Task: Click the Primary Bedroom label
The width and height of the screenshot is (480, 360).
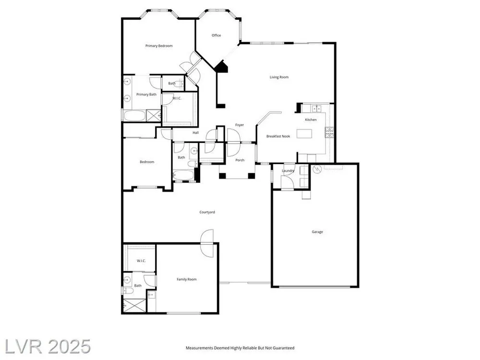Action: (159, 46)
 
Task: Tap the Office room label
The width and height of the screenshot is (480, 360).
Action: (216, 36)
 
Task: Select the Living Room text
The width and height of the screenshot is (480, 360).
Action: (279, 77)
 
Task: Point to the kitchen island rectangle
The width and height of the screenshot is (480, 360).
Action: (304, 134)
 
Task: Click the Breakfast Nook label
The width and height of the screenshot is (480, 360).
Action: (278, 136)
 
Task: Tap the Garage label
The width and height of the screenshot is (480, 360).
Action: (317, 232)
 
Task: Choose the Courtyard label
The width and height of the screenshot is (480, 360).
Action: (207, 212)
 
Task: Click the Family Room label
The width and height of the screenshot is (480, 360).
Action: (186, 279)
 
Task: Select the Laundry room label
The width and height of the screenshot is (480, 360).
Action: (288, 171)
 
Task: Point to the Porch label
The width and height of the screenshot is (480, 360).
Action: (240, 160)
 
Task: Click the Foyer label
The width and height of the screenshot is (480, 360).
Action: (240, 125)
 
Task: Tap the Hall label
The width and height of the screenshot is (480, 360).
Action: (196, 132)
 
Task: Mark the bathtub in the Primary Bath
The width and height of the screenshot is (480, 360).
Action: (135, 116)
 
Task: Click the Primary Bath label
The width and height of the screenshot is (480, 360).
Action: (146, 95)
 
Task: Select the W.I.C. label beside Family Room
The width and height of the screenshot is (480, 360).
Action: (141, 261)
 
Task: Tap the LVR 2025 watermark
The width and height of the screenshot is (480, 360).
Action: (45, 347)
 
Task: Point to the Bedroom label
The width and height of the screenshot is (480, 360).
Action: (147, 162)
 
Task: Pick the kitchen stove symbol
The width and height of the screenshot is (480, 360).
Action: (329, 132)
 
